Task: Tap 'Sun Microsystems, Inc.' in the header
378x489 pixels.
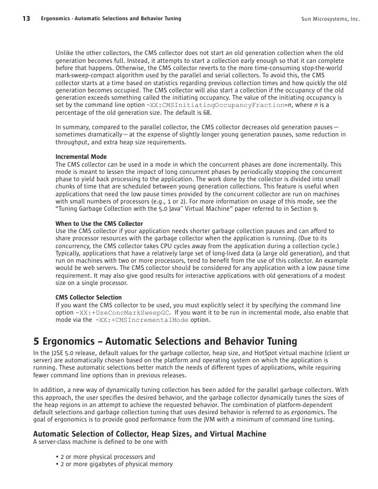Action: [x=330, y=20]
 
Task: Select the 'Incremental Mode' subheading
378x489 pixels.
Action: [x=81, y=156]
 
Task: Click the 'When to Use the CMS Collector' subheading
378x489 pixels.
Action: [x=99, y=223]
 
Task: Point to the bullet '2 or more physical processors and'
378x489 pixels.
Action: [x=107, y=457]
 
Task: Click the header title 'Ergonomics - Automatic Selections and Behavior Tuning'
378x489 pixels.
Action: [x=111, y=20]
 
